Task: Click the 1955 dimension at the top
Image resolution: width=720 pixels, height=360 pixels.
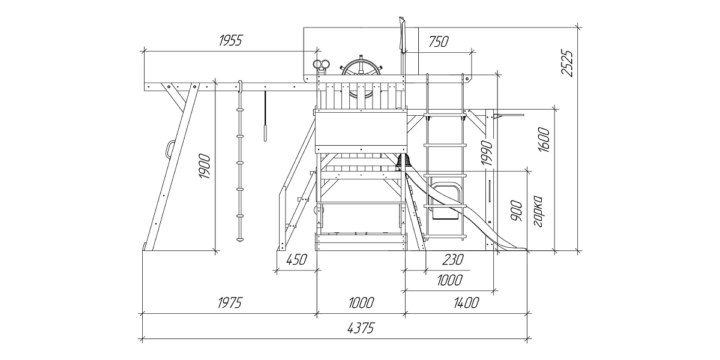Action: pos(230,41)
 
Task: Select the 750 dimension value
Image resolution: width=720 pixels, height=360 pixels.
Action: pos(439,41)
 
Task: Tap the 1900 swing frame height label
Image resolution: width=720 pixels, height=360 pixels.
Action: pos(204,167)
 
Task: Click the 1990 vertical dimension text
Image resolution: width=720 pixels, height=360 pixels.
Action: pos(486,153)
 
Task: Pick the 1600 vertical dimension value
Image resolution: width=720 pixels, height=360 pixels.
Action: pos(544,140)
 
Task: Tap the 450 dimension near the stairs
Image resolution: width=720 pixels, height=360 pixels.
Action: pos(296,260)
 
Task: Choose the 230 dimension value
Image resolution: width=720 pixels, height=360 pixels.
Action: pos(453,260)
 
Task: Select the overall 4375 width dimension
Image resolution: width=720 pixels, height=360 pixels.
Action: pos(361,328)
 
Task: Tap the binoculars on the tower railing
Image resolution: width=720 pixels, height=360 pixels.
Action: pos(322,65)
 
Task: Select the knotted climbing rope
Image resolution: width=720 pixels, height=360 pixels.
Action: pos(240,162)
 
